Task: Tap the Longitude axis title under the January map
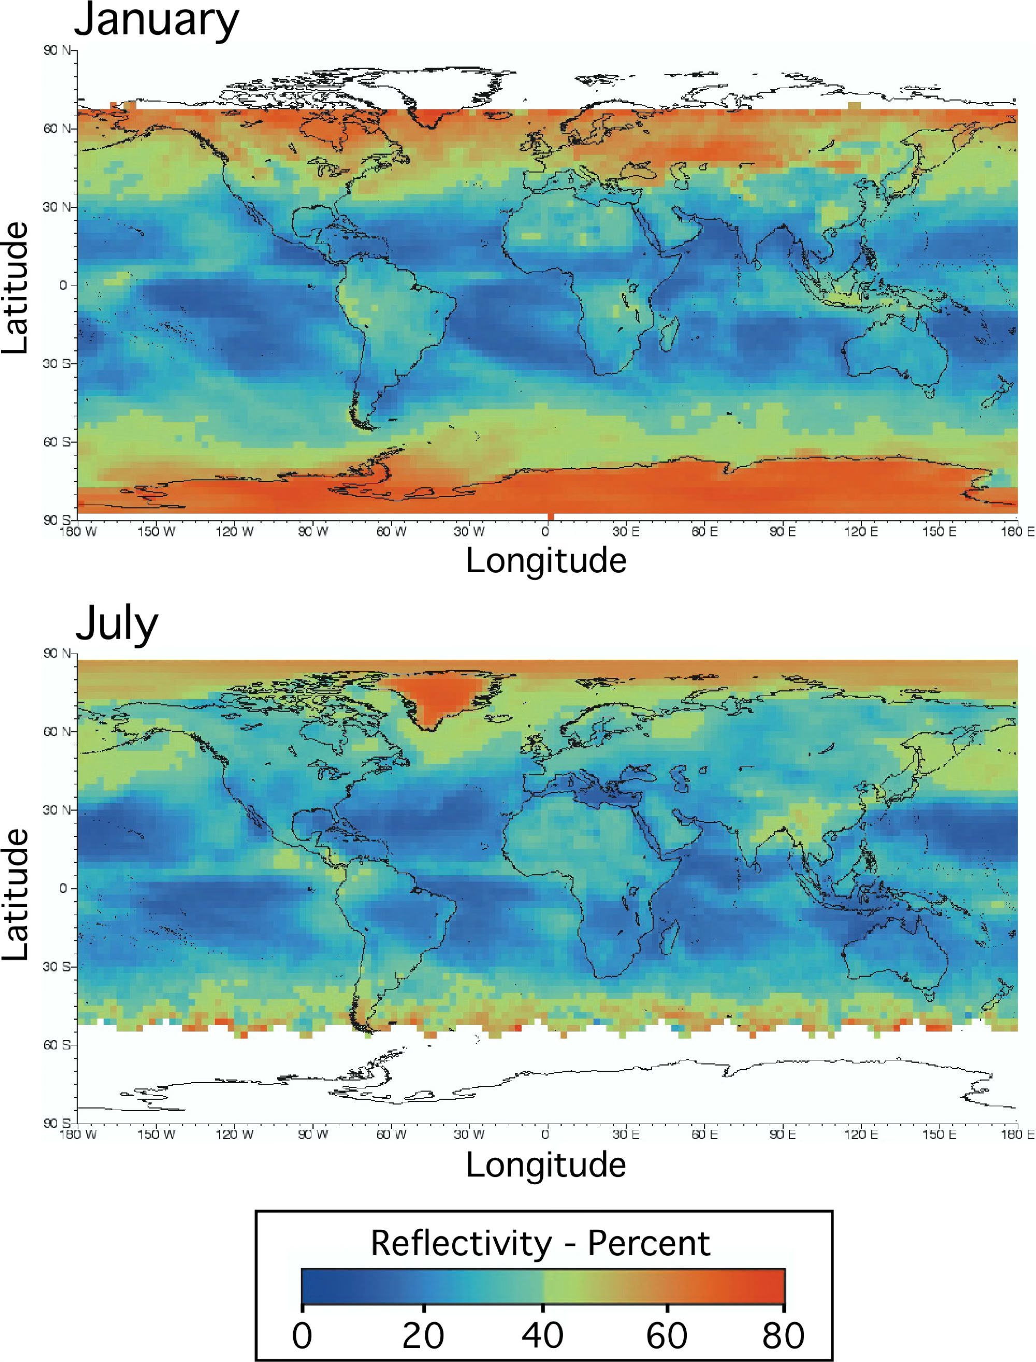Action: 546,561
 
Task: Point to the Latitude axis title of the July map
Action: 15,895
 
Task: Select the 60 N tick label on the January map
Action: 57,129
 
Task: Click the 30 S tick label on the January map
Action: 57,363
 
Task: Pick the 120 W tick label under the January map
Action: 234,531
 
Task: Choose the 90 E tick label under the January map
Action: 782,531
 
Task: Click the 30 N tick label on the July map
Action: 57,810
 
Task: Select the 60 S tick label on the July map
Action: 57,1044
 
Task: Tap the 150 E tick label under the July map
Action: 939,1134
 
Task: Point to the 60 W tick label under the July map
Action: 392,1134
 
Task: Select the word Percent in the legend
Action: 649,1243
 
